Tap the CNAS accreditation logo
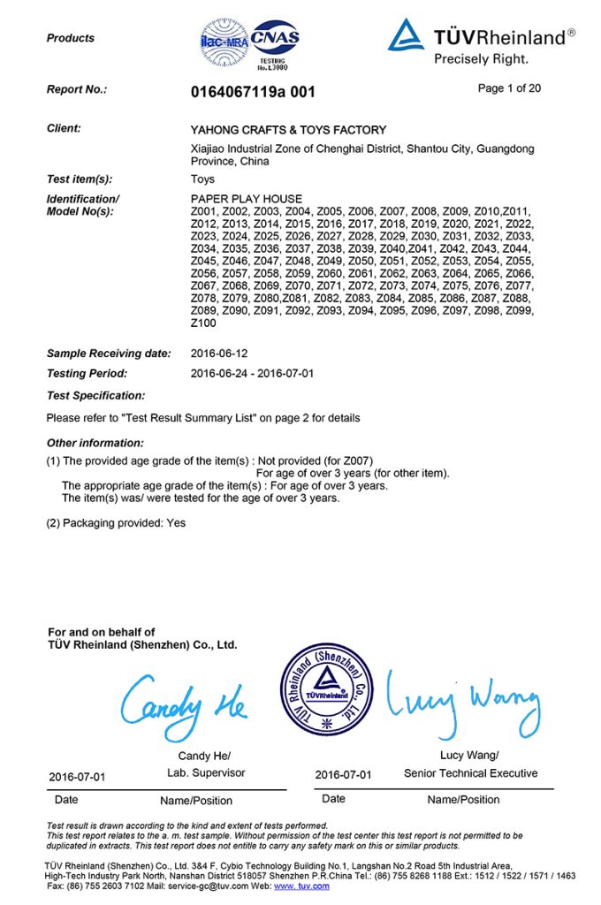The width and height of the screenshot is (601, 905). coord(275,40)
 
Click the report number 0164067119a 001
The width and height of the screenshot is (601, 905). coord(252,91)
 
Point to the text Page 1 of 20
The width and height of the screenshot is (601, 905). coord(509,88)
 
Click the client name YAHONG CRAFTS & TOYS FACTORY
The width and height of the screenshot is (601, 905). coord(288,130)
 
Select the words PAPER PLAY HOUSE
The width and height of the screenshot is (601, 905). coord(246,199)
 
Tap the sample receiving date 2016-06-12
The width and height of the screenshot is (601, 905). coord(220,354)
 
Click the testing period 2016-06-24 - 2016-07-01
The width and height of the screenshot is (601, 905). coord(252,374)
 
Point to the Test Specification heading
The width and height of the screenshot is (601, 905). coord(95,395)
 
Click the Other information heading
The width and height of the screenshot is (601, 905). coord(95,443)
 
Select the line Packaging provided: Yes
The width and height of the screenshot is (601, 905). coord(116,523)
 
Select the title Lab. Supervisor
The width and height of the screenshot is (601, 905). coord(206,772)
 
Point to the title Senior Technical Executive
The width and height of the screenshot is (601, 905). coord(470,773)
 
